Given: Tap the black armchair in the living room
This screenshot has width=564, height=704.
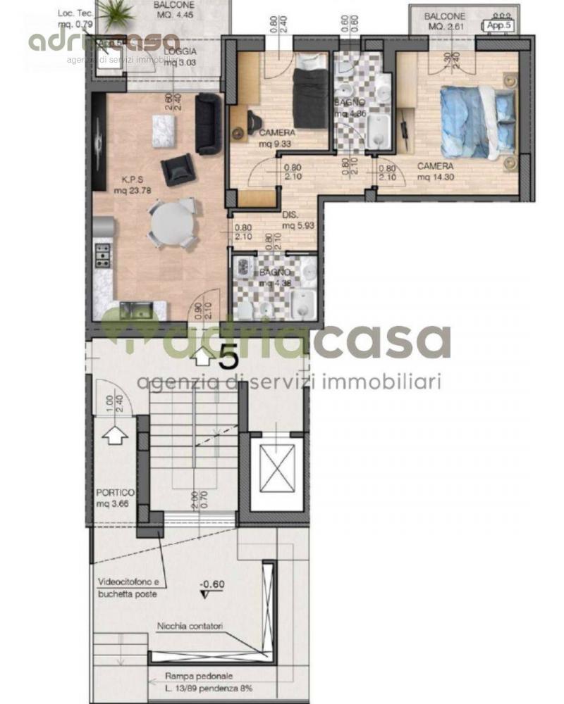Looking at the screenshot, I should point(176,170).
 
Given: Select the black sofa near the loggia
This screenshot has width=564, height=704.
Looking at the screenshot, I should point(208,124).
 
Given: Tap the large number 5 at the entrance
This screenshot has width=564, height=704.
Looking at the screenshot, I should point(228,358).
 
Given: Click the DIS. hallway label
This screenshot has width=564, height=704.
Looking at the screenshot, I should point(290,215).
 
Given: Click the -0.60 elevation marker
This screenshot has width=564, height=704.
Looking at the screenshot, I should point(211,584).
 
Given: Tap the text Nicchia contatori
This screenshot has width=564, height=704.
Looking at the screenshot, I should point(190,626).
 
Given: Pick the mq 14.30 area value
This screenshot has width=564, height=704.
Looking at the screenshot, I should point(434,177).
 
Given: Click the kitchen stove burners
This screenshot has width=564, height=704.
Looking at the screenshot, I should point(103,255).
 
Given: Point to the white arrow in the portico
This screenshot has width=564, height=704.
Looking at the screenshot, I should point(113,437).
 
